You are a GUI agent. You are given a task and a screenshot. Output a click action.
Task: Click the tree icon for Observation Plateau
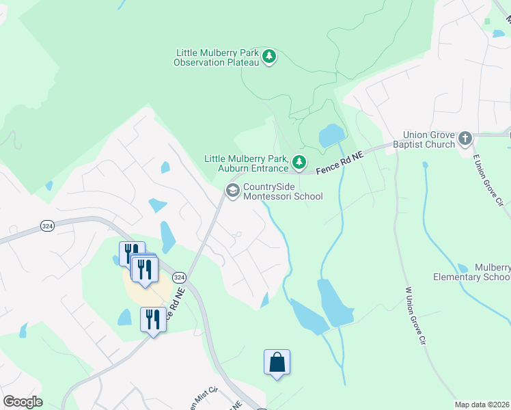coord(270,57)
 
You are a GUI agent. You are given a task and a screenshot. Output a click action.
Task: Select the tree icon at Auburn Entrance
coord(299,163)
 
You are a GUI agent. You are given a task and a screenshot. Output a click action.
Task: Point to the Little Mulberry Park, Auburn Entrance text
coord(245,163)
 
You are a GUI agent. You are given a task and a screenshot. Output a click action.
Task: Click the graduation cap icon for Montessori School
coord(232,191)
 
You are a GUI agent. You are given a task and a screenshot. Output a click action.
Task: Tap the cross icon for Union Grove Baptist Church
coord(465,139)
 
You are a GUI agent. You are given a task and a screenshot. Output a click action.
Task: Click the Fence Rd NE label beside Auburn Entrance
coord(340,161)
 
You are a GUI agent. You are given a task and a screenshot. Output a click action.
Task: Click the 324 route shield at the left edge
coord(47,227)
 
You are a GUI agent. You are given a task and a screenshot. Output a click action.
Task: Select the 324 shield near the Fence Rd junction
coord(179,277)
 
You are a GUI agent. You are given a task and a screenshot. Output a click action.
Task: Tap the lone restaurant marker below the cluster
coord(152,320)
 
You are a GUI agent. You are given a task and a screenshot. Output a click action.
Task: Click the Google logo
coord(23,402)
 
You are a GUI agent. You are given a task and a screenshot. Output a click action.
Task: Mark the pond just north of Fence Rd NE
coord(331,135)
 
